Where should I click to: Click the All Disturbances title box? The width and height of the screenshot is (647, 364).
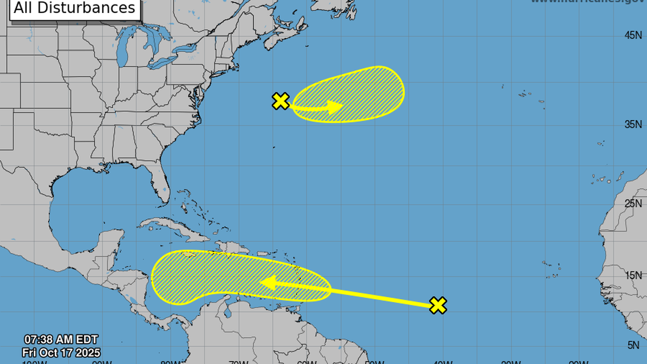click(74, 9)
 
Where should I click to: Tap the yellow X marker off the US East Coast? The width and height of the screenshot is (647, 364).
click(281, 101)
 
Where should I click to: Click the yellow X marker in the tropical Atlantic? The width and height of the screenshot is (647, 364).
click(438, 305)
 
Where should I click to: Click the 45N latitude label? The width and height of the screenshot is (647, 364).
click(633, 35)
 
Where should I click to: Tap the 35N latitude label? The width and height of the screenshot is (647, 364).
click(633, 124)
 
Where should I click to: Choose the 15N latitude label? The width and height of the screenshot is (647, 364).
click(633, 275)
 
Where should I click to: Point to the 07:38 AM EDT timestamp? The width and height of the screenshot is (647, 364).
click(61, 341)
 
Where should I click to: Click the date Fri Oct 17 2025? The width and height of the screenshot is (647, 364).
click(61, 353)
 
